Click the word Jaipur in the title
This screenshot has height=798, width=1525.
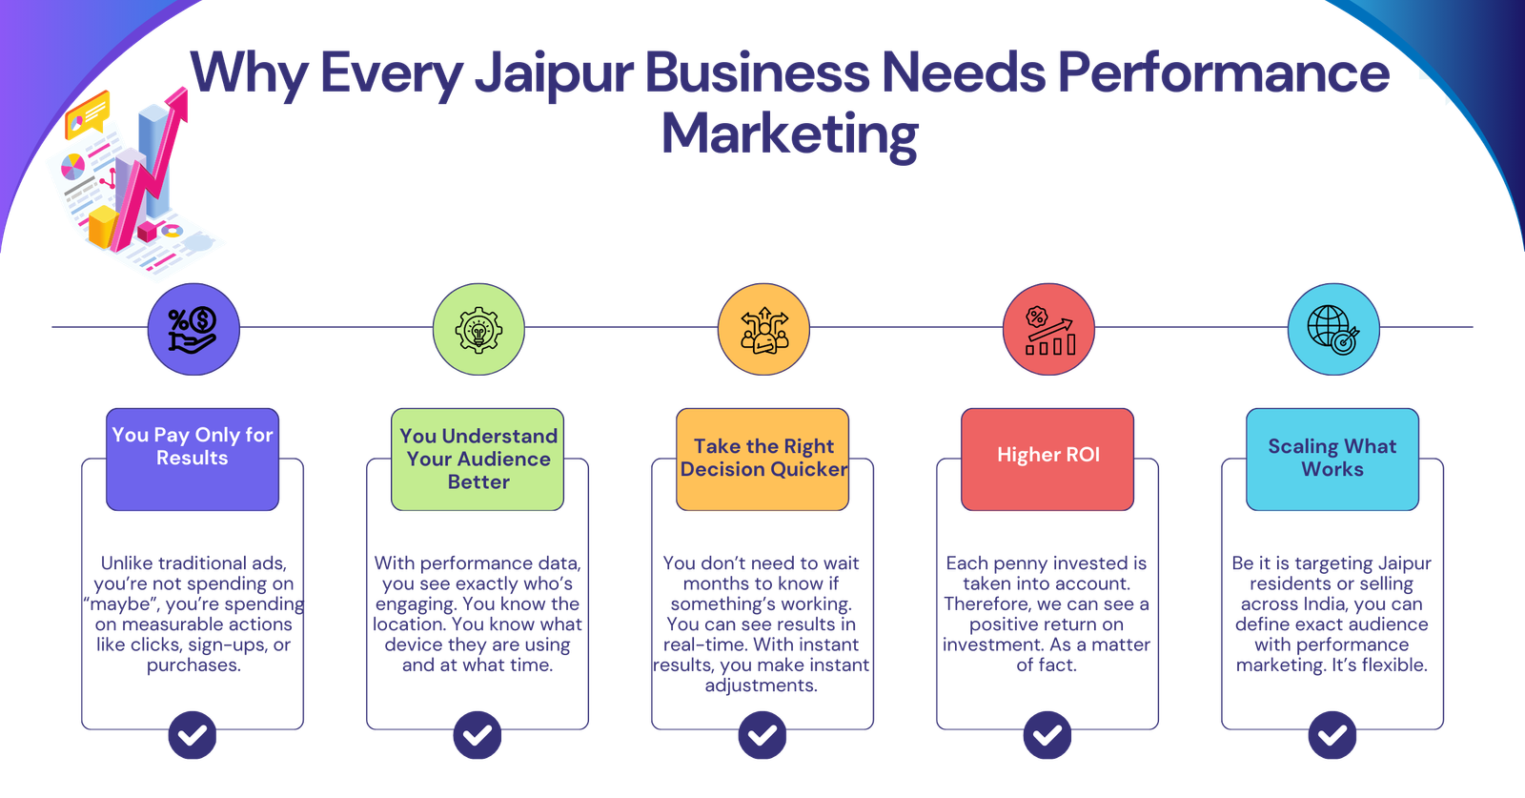click(x=553, y=74)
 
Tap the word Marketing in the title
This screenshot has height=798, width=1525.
click(x=789, y=134)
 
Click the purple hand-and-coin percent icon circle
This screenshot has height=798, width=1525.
click(x=193, y=329)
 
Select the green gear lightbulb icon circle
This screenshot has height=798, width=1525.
click(x=478, y=329)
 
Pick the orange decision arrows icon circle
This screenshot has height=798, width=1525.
click(x=762, y=329)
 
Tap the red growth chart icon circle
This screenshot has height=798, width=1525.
click(x=1048, y=329)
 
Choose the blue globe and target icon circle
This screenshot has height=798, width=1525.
click(x=1332, y=329)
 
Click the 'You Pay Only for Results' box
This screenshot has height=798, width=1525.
click(x=193, y=460)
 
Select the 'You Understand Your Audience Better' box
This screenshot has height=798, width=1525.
click(x=478, y=460)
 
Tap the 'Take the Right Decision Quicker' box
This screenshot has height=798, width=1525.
click(x=762, y=460)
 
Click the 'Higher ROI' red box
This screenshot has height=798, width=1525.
click(x=1047, y=460)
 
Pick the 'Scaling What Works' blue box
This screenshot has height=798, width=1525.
click(x=1332, y=460)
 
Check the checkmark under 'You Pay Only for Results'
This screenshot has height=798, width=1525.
click(x=193, y=735)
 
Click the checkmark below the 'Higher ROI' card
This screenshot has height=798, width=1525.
click(x=1047, y=735)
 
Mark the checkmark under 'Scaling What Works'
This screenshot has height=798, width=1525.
click(x=1332, y=735)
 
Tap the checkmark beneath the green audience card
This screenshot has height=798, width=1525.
click(x=478, y=735)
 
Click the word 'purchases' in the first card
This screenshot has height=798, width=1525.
click(x=193, y=665)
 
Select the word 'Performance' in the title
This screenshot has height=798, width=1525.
click(x=1223, y=74)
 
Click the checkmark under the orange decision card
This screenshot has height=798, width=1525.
click(x=762, y=735)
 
